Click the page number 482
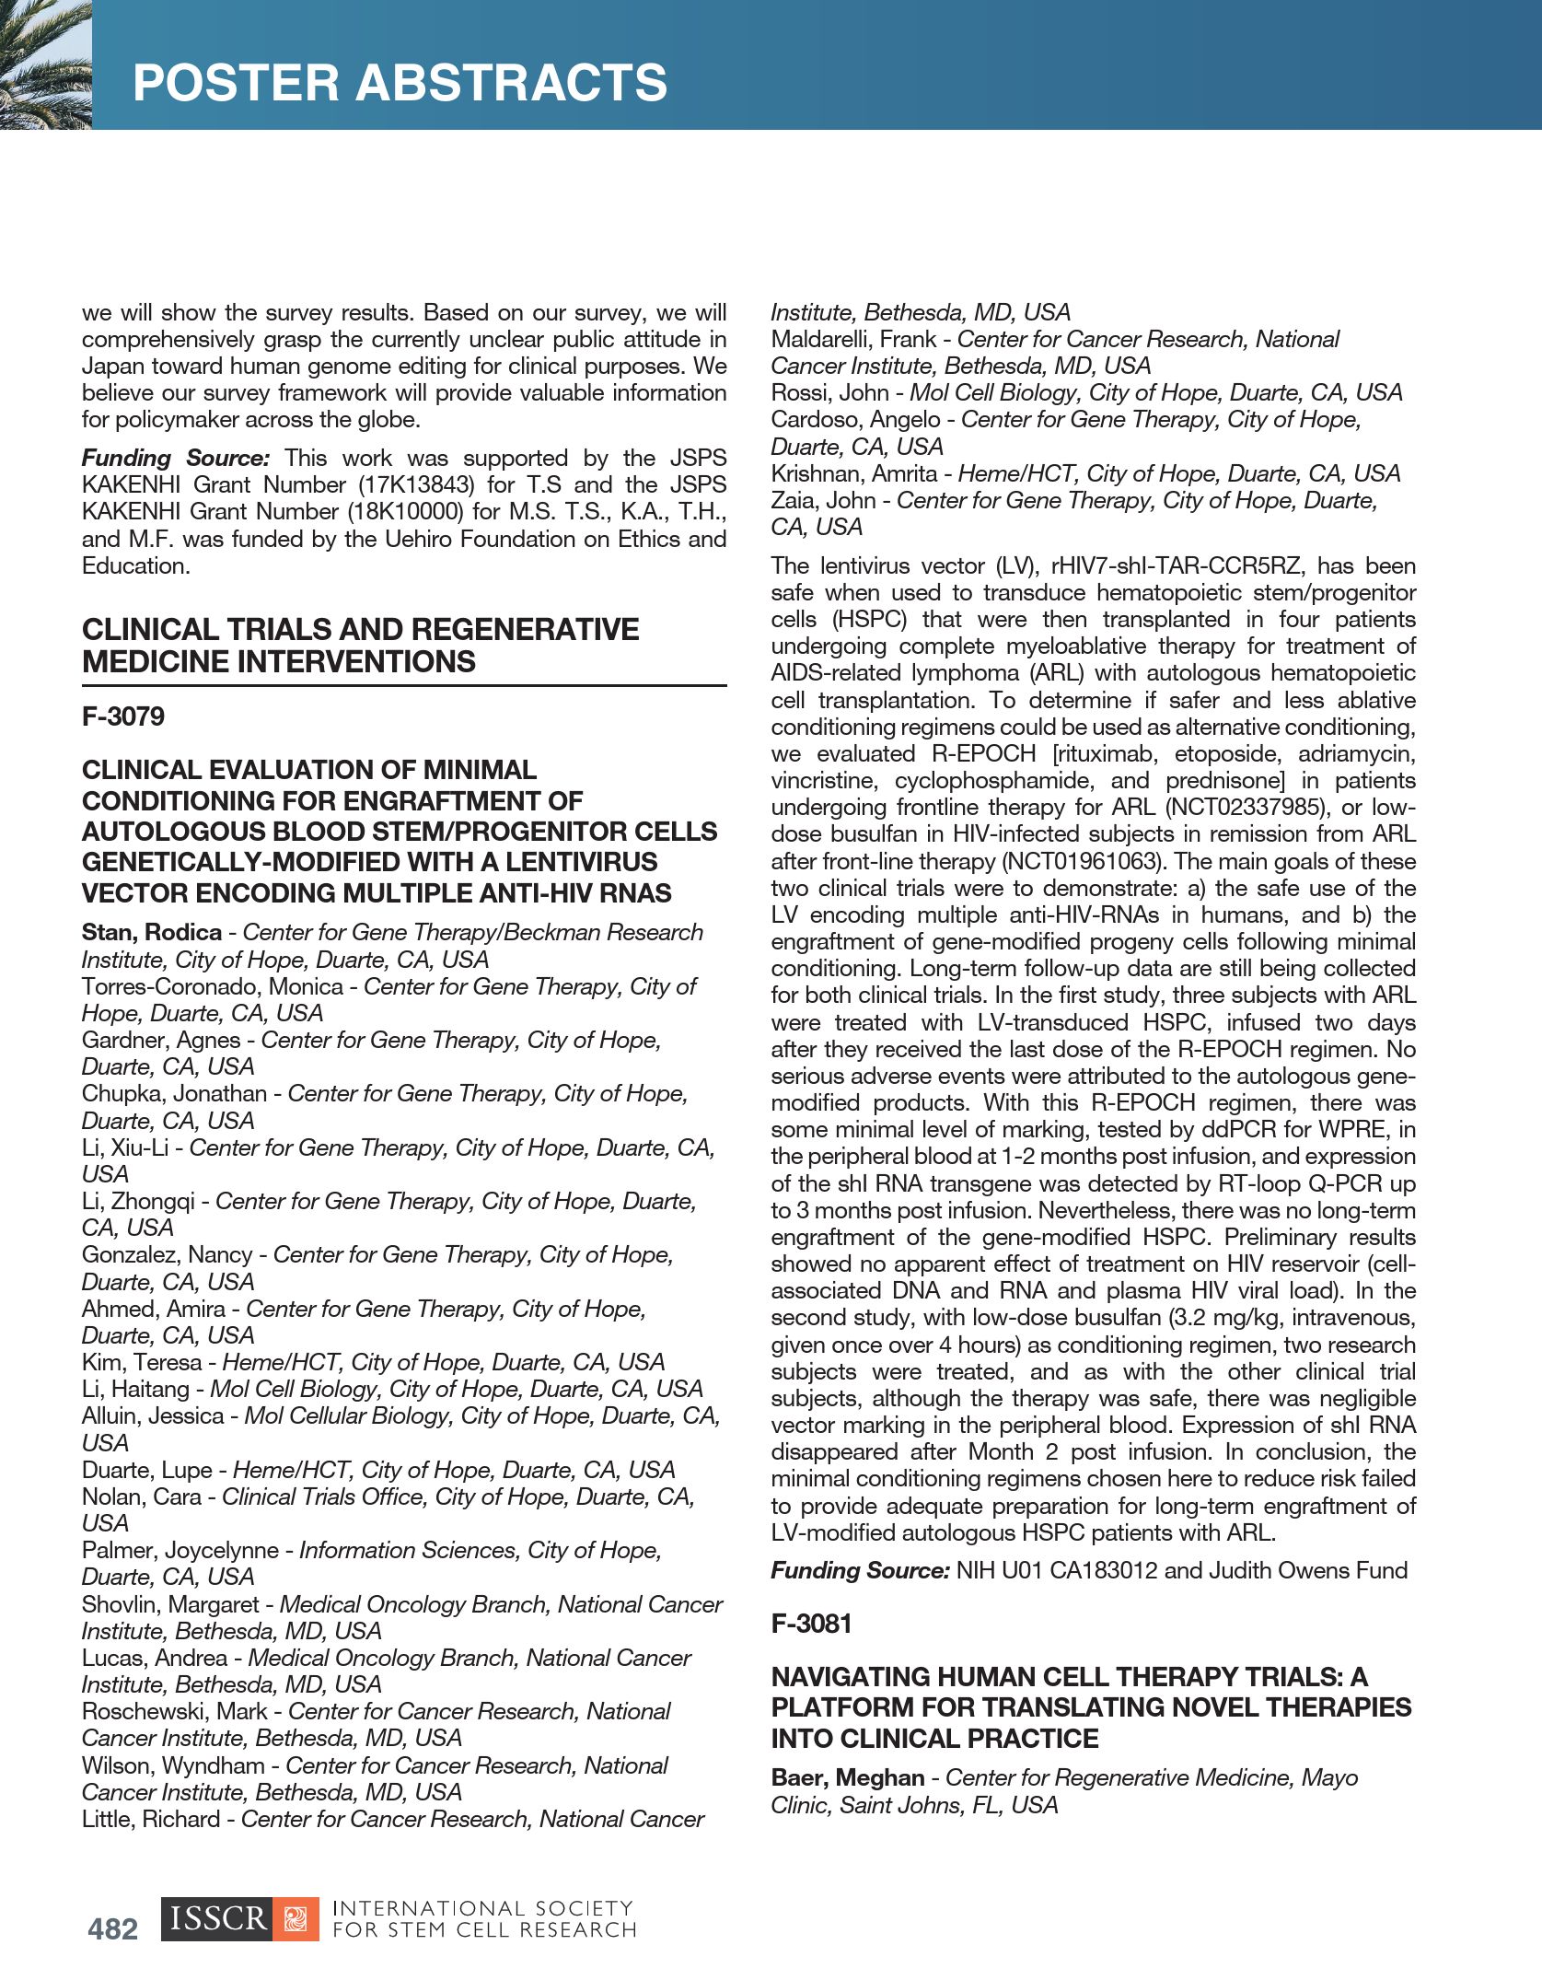pyautogui.click(x=113, y=1928)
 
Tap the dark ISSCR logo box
pyautogui.click(x=217, y=1918)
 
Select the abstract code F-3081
pyautogui.click(x=812, y=1623)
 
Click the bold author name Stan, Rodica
pyautogui.click(x=152, y=932)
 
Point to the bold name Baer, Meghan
pyautogui.click(x=848, y=1777)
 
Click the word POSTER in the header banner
pyautogui.click(x=236, y=82)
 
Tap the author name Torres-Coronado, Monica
pyautogui.click(x=213, y=986)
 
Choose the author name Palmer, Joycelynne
pyautogui.click(x=180, y=1550)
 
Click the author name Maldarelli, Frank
pyautogui.click(x=853, y=339)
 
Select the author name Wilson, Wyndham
pyautogui.click(x=173, y=1765)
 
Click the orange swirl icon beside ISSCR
pyautogui.click(x=296, y=1918)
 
